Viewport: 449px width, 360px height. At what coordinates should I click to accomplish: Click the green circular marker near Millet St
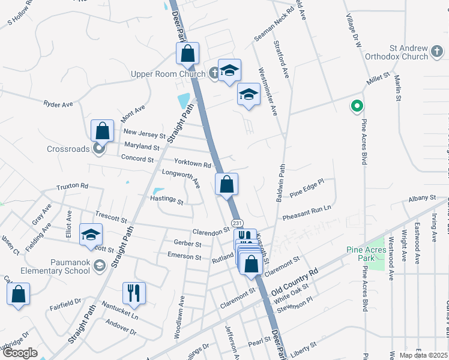click(x=356, y=107)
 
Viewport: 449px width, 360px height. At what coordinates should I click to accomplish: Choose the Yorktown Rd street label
click(x=193, y=164)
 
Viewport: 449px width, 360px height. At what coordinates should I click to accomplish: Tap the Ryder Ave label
click(x=58, y=104)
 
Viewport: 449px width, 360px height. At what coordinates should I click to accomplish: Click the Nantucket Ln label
click(x=119, y=310)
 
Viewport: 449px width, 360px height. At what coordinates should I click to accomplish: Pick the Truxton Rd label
click(x=73, y=187)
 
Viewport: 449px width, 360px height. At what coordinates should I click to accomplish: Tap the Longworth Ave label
click(x=181, y=178)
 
